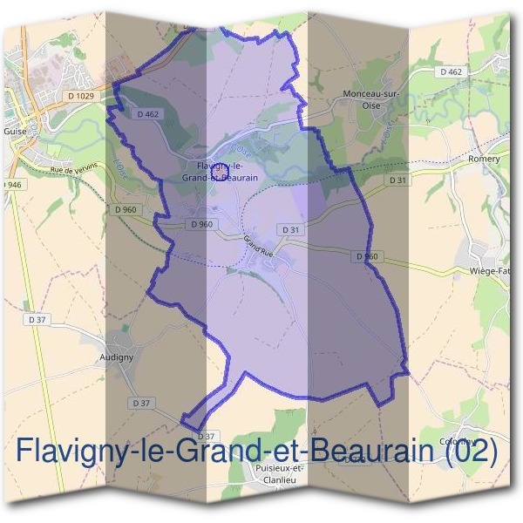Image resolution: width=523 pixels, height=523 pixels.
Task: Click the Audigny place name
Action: [116, 357]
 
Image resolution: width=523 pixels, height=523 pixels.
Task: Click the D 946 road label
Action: [10, 186]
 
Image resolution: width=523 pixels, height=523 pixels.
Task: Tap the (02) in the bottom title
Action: [471, 451]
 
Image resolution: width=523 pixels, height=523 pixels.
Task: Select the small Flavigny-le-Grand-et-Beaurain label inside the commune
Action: [219, 171]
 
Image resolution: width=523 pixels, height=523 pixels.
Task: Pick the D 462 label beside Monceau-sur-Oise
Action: [450, 71]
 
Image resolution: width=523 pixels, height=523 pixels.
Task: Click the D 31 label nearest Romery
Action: [397, 180]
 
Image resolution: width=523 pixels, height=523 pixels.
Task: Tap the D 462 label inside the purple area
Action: [146, 114]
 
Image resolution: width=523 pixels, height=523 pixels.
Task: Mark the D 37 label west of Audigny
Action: [37, 320]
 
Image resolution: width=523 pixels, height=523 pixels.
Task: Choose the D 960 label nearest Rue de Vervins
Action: [125, 209]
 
